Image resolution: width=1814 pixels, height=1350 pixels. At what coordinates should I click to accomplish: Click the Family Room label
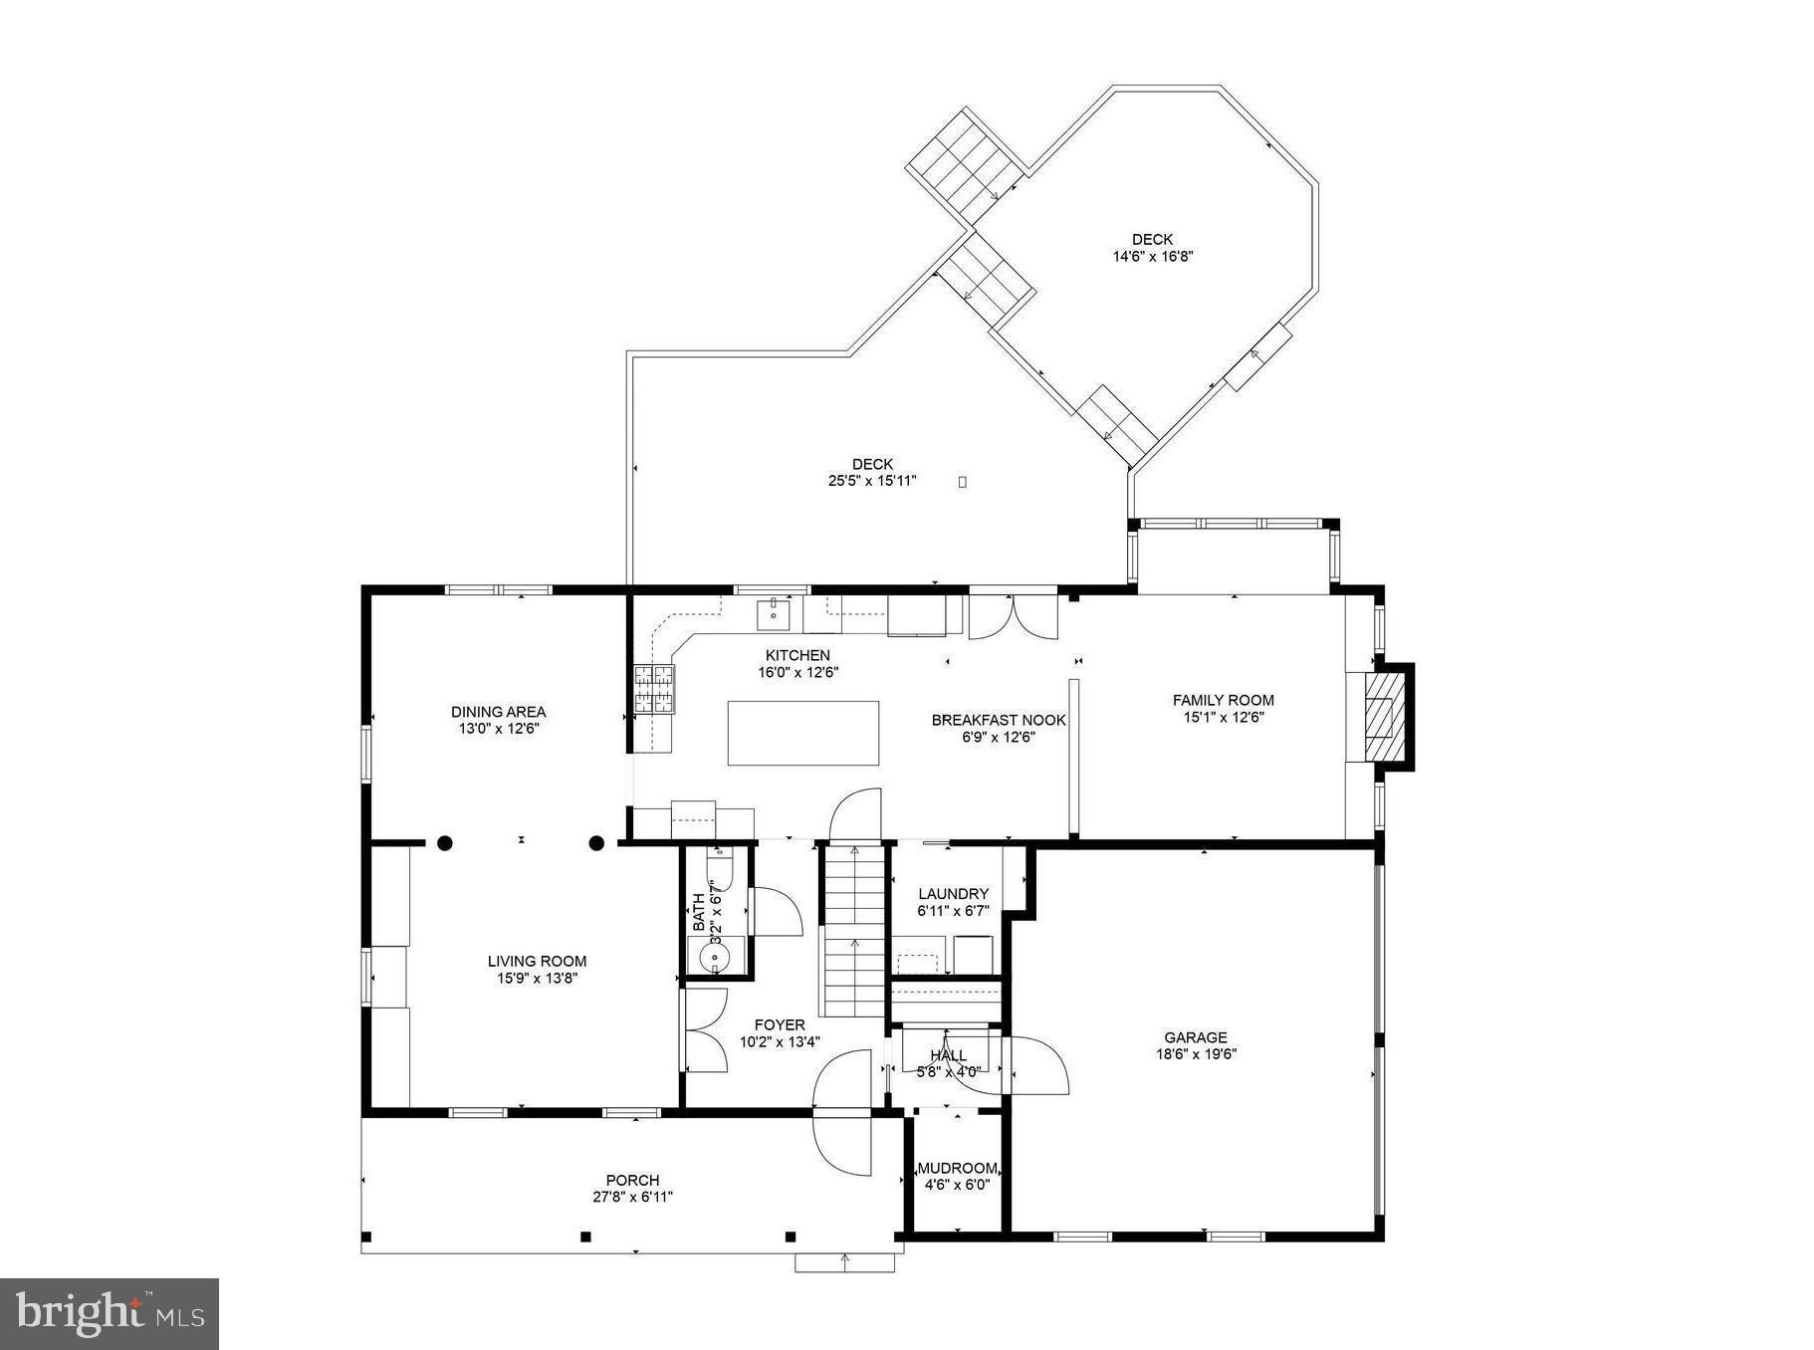click(1223, 700)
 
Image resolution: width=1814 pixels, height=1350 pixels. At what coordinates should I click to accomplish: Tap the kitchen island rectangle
click(802, 733)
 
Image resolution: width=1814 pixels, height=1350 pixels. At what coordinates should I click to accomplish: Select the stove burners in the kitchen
click(654, 689)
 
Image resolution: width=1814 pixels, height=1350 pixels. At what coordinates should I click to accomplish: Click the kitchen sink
click(773, 614)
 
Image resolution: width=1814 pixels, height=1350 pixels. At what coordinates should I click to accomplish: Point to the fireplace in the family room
click(1380, 716)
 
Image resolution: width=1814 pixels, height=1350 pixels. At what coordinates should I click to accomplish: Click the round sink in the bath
click(715, 958)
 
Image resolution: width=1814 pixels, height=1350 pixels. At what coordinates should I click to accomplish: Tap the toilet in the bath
click(718, 873)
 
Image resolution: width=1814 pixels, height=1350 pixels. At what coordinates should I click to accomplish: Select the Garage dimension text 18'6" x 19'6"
click(1195, 1054)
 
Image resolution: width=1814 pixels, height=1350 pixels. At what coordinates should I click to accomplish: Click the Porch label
click(632, 1180)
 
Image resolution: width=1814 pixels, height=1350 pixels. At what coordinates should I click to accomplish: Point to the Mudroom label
click(957, 1168)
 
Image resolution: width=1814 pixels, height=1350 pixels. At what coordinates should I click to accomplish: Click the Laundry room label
click(953, 894)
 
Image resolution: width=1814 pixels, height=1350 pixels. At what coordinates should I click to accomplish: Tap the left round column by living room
click(445, 843)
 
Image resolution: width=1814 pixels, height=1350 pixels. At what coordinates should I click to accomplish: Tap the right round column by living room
click(596, 843)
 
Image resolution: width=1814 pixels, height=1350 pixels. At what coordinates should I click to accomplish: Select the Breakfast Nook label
click(998, 720)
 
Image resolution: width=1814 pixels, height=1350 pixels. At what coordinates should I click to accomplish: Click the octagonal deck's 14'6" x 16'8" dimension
click(1152, 256)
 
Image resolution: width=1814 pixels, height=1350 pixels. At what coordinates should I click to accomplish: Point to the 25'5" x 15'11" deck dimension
click(872, 481)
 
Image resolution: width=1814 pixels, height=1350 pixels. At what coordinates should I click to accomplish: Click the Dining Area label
click(498, 711)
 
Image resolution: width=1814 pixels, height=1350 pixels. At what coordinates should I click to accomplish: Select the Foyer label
click(779, 1024)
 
